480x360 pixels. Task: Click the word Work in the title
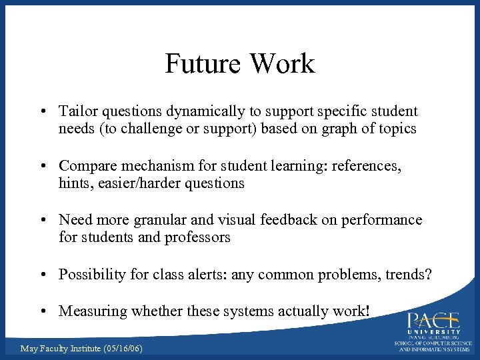pos(281,64)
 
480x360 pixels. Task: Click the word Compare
pos(87,165)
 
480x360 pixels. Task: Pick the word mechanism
pos(159,165)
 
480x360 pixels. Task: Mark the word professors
pos(197,237)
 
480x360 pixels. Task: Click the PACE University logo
pos(433,331)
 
